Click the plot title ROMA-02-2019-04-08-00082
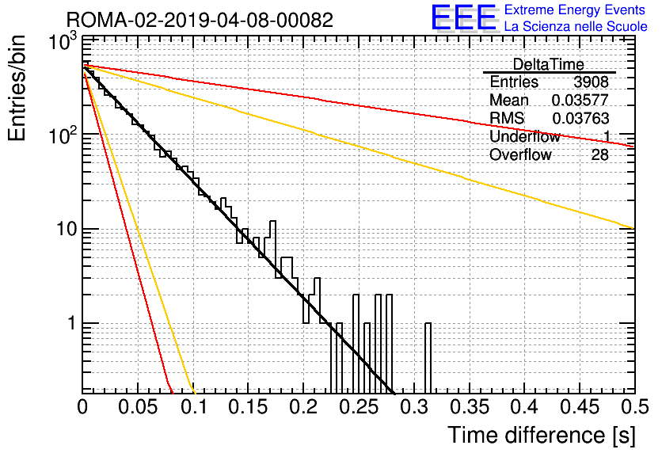(x=200, y=20)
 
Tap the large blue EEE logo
(x=463, y=17)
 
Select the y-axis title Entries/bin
(x=17, y=88)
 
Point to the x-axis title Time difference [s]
(x=542, y=436)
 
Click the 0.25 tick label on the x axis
(x=359, y=407)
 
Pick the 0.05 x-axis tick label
(x=138, y=407)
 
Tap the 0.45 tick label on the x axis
(x=580, y=407)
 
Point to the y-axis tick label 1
(x=71, y=323)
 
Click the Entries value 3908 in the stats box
(x=591, y=82)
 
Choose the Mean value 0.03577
(x=580, y=100)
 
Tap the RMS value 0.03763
(x=580, y=119)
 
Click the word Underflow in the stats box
(x=525, y=136)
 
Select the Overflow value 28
(x=600, y=155)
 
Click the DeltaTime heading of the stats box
(x=549, y=64)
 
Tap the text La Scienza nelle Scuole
(x=576, y=26)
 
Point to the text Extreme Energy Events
(x=575, y=10)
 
